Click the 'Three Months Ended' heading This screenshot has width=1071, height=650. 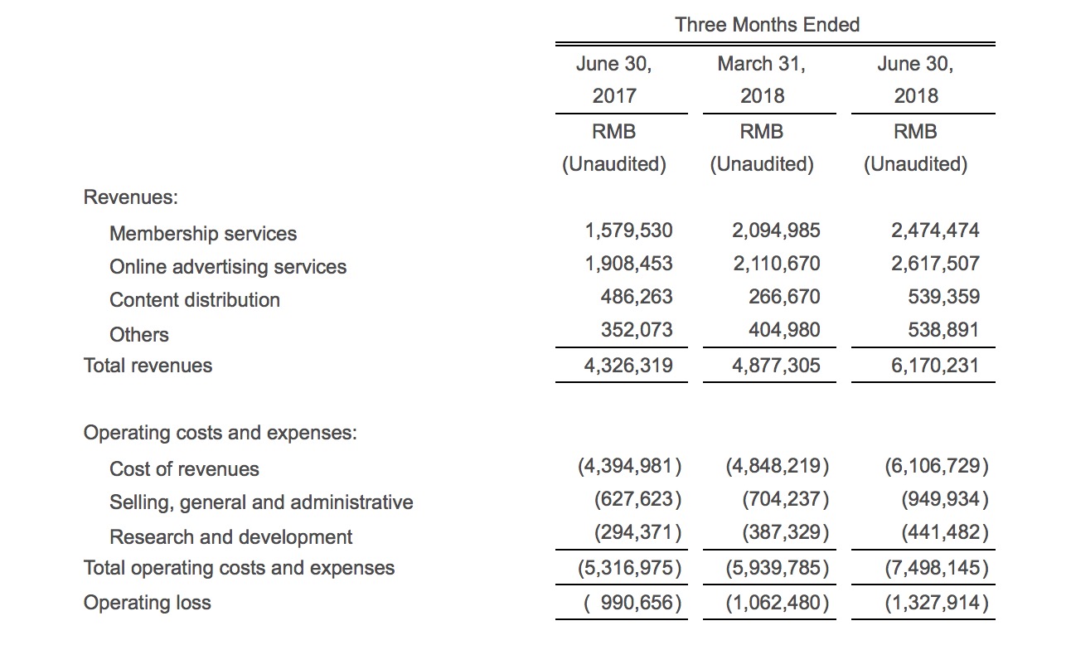pos(767,25)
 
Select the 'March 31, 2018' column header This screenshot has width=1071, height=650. pos(762,80)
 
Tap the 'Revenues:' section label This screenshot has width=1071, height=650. pos(131,197)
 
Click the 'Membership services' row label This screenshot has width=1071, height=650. pos(203,234)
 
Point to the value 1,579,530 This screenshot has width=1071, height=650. pos(628,230)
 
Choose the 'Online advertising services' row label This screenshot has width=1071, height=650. pos(228,267)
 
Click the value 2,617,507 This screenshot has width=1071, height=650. pos(935,264)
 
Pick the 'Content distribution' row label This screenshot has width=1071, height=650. pos(195,300)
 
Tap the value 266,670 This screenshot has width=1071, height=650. pos(784,297)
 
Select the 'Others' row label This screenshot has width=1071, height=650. pos(139,335)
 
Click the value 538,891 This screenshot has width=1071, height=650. pos(943,330)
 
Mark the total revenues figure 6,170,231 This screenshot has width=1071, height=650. pos(935,366)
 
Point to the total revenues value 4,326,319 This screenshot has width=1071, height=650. pos(628,366)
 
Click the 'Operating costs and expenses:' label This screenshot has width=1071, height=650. pos(220,433)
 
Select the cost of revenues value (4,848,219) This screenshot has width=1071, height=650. pos(778,466)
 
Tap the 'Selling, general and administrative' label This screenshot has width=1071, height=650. pos(261,502)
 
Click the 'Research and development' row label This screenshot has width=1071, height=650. pos(231,537)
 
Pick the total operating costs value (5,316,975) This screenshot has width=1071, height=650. pos(629,568)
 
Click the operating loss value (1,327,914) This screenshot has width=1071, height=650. pos(937,603)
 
